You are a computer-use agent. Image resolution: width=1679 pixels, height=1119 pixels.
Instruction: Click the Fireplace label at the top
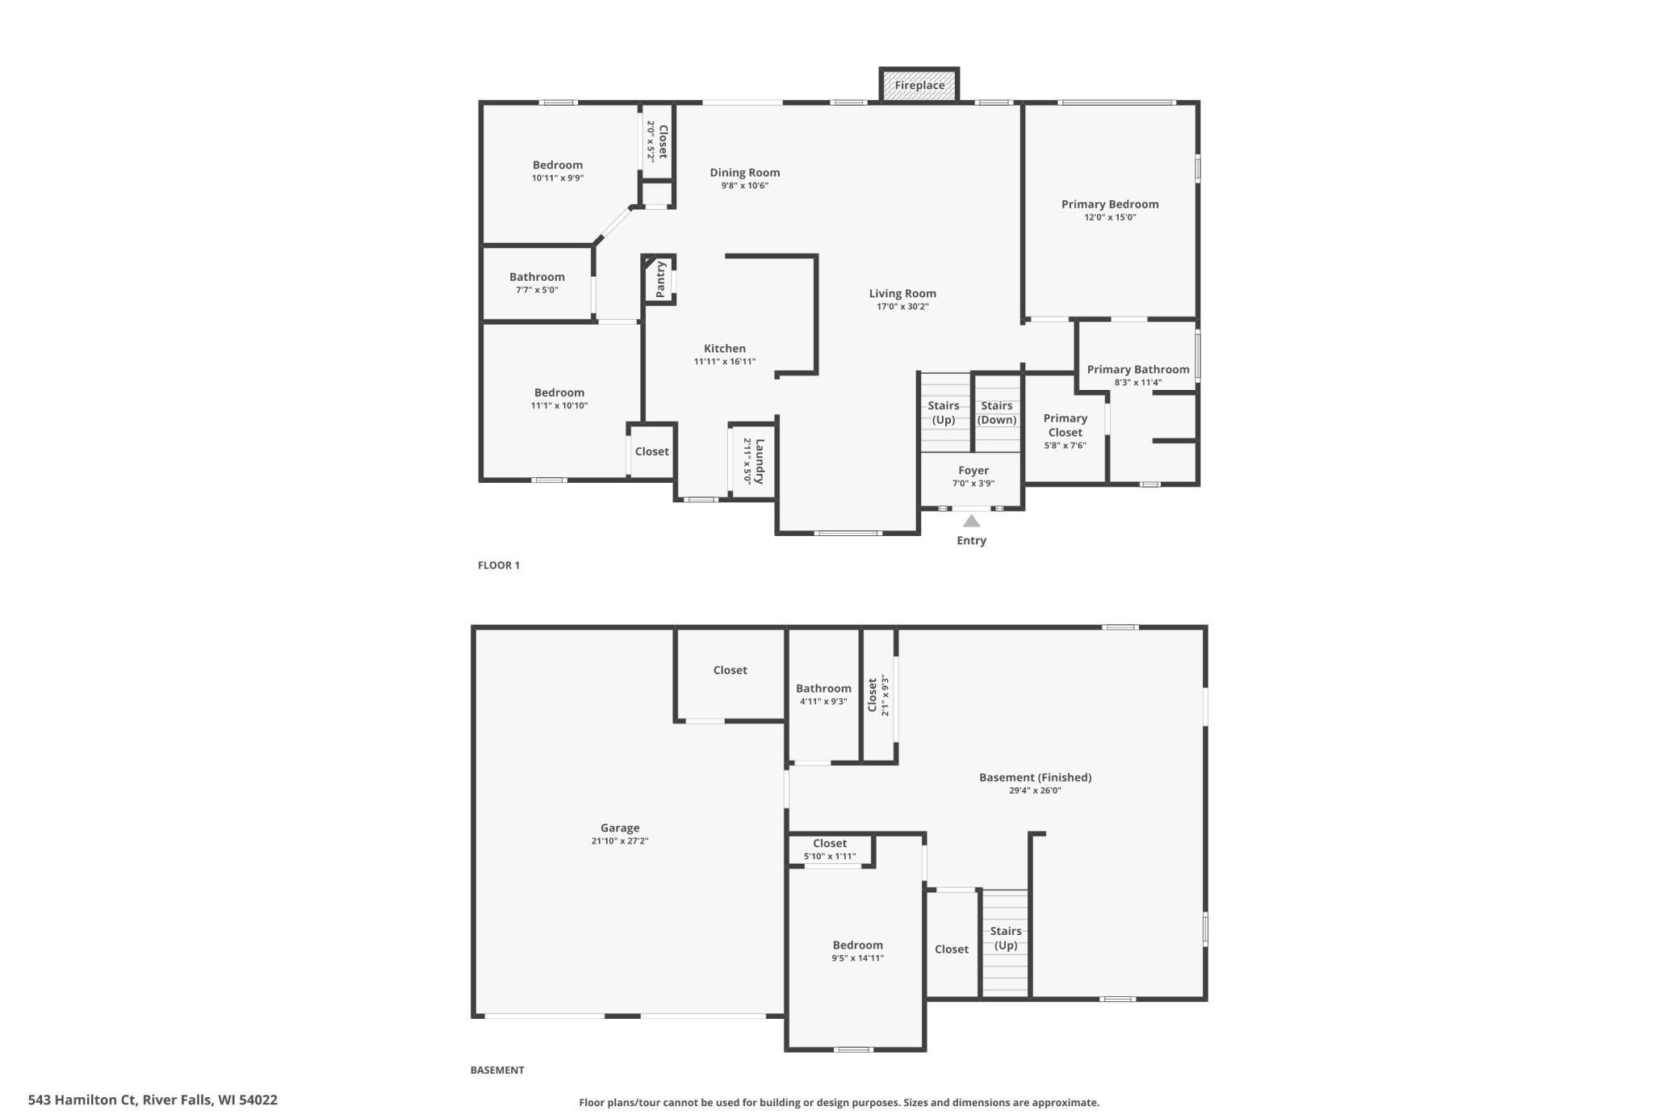coord(919,86)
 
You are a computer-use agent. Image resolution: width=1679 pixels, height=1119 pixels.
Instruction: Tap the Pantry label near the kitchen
coord(661,279)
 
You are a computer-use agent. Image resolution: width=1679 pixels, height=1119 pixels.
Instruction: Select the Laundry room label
coord(759,461)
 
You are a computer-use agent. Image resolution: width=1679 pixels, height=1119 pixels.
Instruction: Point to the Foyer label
coord(973,471)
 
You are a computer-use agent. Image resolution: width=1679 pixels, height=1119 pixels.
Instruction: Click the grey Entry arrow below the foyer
coord(972,522)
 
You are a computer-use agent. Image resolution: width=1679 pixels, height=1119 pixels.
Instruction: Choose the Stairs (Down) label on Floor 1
coord(997,413)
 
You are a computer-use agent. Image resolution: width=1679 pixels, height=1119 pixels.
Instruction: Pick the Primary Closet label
coord(1066,425)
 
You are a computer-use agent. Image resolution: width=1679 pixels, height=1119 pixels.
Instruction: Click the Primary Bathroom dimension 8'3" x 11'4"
coord(1138,383)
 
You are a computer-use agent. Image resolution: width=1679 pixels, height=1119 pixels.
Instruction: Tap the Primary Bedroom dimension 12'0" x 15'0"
coord(1110,217)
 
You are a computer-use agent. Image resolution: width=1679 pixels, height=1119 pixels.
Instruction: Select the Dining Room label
coord(745,173)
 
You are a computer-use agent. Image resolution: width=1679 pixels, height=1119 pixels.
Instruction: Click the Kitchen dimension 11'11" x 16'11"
coord(725,362)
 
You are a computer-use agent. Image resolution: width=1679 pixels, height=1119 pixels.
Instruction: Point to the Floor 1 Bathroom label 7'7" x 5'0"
coord(537,283)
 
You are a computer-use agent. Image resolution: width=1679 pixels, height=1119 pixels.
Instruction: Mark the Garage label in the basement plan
coord(620,828)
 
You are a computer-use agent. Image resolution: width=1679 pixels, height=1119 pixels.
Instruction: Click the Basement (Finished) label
coord(1035,777)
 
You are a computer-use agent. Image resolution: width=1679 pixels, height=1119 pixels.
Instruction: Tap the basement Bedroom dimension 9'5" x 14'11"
coord(858,958)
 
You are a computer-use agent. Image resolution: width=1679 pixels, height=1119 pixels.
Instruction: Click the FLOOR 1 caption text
coord(499,565)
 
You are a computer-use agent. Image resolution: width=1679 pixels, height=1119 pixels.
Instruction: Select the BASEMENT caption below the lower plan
coord(497,1070)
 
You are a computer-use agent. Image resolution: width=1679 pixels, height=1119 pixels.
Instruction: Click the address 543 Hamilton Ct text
coord(153,1100)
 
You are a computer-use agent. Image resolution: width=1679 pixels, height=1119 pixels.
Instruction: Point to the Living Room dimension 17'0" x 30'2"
coord(902,307)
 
